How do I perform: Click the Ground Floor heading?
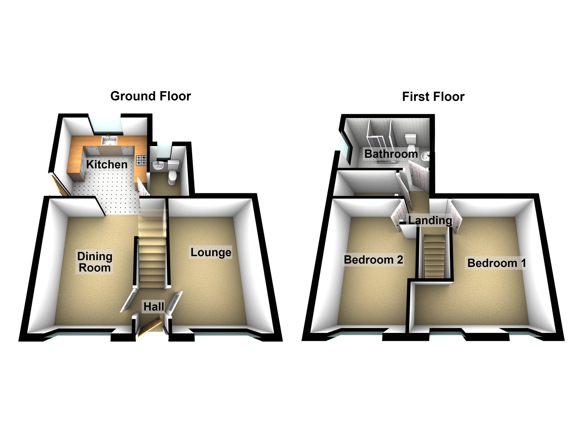(151, 96)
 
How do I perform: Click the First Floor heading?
(433, 97)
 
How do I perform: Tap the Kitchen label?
(107, 164)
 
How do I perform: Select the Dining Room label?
(95, 262)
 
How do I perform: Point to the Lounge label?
(211, 252)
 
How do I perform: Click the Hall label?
(154, 307)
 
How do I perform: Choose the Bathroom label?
(391, 154)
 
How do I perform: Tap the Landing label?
(430, 220)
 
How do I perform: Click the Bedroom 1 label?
(497, 263)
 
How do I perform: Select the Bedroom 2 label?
(373, 260)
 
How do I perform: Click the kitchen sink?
(109, 140)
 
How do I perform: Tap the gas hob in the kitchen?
(141, 160)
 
